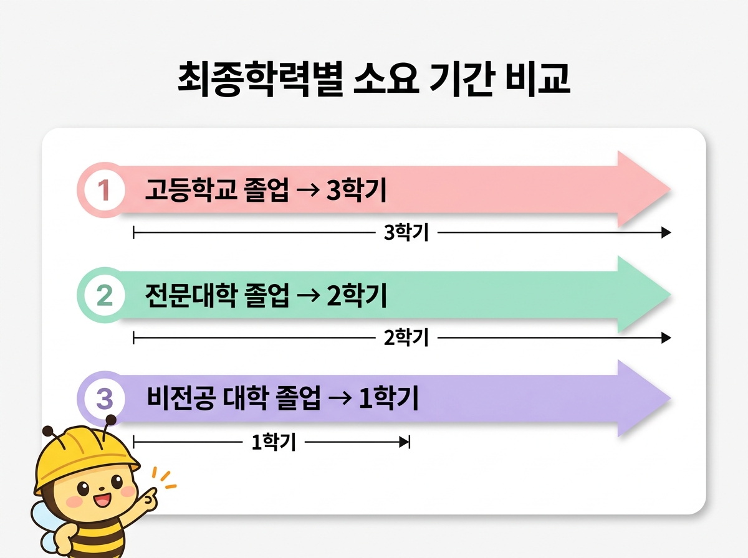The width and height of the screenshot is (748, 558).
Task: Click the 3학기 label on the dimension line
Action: click(406, 233)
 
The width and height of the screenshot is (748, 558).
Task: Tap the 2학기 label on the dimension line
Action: click(406, 338)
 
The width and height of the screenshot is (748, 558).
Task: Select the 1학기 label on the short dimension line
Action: click(273, 442)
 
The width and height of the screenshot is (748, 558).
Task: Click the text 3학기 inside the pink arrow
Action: click(356, 190)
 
